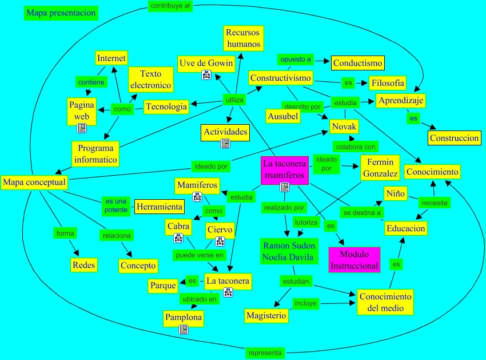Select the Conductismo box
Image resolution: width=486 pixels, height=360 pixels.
(358, 62)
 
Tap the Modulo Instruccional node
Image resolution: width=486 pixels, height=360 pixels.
(354, 260)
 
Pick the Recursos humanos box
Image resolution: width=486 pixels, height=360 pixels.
(242, 38)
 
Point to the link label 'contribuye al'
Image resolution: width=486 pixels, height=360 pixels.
(170, 6)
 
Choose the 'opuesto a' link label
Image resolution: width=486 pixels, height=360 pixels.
(296, 60)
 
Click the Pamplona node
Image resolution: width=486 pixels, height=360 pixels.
(184, 317)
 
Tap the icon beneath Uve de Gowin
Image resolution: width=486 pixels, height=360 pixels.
(206, 75)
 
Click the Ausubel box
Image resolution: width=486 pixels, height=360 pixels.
(282, 116)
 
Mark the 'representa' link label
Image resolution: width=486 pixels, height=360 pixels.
(265, 353)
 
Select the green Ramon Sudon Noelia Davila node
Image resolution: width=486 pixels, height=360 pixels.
(288, 251)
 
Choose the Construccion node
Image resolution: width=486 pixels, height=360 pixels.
(454, 138)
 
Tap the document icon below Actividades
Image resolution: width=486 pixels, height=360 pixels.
(225, 143)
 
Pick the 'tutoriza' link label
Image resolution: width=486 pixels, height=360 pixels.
(306, 222)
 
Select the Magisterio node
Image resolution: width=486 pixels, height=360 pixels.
(266, 315)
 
